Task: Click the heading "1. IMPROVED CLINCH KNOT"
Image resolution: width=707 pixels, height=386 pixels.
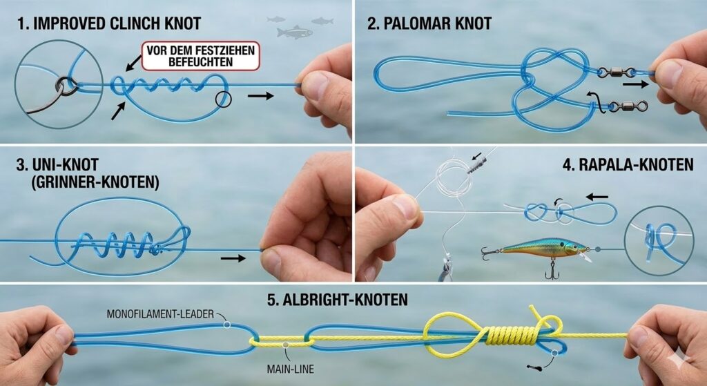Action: tap(110, 23)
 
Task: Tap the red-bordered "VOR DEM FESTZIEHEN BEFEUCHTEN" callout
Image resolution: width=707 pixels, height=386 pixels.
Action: tap(201, 56)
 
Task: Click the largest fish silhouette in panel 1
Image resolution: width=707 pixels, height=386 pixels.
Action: tap(294, 32)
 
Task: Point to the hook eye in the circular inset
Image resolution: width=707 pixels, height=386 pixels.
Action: tap(66, 84)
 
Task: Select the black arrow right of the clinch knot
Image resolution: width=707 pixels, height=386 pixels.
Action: tap(260, 95)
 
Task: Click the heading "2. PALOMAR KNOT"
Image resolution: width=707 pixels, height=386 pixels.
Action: tap(429, 23)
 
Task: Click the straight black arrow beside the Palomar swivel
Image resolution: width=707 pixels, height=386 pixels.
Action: tap(636, 84)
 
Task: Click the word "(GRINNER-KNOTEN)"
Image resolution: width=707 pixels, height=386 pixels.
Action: tap(95, 182)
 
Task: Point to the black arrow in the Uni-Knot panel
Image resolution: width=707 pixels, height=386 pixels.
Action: tap(233, 258)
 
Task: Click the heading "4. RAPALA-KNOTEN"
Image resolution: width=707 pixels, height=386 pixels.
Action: tap(628, 164)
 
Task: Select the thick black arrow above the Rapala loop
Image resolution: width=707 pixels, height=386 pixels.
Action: tap(597, 197)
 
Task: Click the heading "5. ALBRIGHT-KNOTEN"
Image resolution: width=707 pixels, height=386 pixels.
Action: tap(337, 300)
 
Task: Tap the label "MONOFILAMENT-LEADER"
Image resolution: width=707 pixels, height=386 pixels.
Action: tap(160, 314)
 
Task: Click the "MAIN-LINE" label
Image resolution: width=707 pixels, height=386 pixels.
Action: tap(291, 369)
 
